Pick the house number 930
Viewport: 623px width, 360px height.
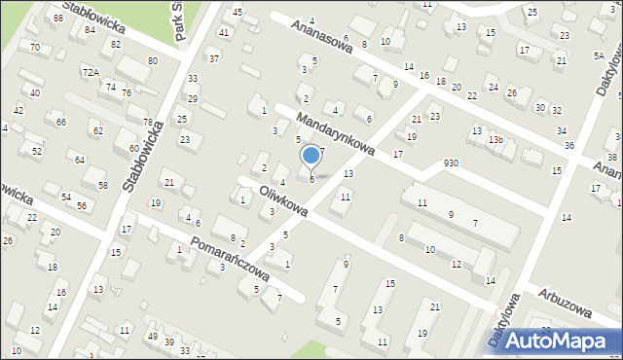pos(450,162)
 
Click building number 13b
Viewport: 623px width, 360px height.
pos(495,140)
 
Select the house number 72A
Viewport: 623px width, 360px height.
pos(91,72)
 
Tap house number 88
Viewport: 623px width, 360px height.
pos(58,18)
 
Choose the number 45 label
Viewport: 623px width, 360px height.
pos(238,12)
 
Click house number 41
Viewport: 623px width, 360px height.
pos(224,32)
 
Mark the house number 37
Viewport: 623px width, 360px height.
pos(214,58)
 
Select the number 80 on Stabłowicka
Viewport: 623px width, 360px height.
pos(152,61)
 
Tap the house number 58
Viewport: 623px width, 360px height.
pos(102,185)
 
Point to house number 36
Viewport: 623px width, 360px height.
pos(569,146)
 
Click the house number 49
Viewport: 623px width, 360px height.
pos(152,337)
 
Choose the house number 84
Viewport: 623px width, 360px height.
pos(90,29)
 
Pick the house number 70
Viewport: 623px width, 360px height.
pos(35,47)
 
